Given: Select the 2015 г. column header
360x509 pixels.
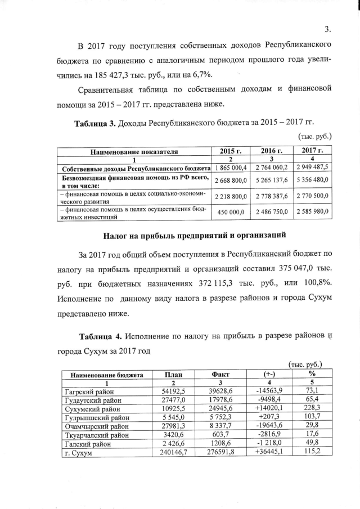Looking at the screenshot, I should pos(231,151).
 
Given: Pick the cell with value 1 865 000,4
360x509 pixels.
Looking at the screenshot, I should pos(231,168).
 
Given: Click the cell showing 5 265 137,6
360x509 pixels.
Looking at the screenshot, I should pos(273,180).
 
